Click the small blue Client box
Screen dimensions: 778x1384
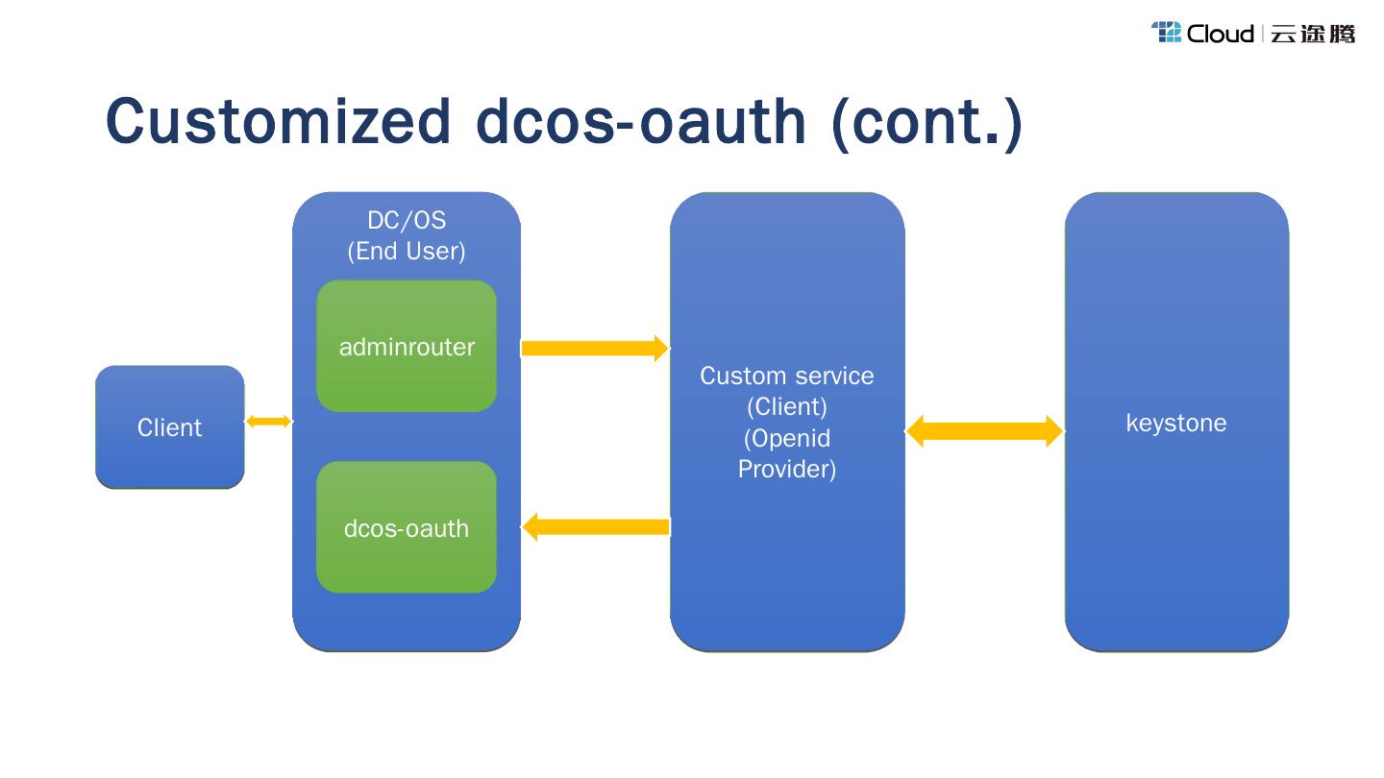coord(170,427)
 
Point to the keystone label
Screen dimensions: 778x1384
coord(1176,423)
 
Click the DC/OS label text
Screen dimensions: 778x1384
coord(407,220)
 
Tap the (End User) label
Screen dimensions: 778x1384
coord(407,251)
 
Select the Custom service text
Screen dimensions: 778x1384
coord(787,376)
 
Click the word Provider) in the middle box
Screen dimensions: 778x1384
coord(787,469)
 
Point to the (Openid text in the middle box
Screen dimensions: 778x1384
coord(787,438)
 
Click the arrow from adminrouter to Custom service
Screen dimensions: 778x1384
coord(594,349)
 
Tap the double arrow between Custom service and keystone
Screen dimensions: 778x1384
coord(984,431)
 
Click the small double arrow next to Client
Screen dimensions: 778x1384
coord(268,421)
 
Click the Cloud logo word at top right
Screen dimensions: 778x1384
coord(1220,34)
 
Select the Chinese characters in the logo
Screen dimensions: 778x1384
coord(1313,34)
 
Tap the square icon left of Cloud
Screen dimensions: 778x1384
coord(1166,33)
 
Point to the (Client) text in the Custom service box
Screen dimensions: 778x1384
coord(787,406)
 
